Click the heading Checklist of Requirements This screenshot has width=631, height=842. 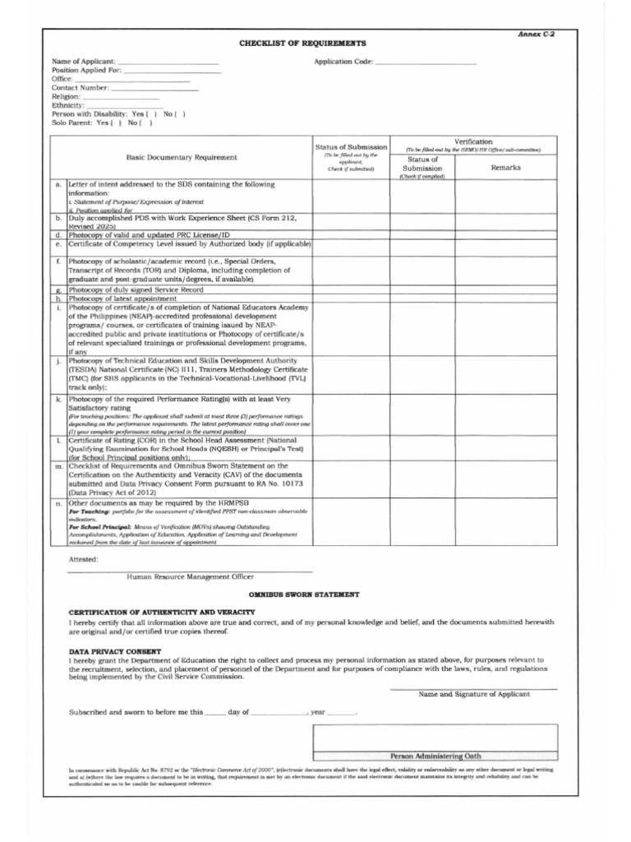303,43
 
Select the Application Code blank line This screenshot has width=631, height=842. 426,63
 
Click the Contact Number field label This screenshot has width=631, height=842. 81,88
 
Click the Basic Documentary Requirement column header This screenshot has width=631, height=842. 182,157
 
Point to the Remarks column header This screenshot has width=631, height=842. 505,168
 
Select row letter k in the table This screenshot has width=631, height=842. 59,399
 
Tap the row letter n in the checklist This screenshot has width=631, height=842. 59,502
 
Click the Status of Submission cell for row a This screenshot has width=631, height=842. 351,197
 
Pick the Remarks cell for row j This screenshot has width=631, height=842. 505,374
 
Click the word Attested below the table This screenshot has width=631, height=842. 83,559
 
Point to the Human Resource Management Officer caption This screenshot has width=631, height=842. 190,576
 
